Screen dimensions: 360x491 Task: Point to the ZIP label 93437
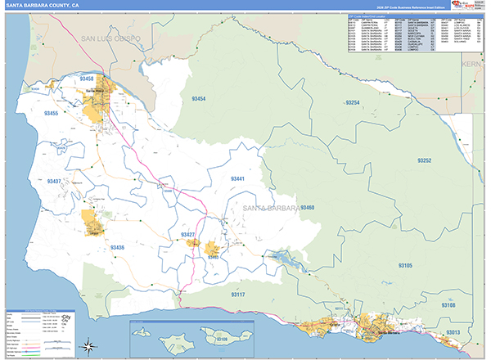click(x=55, y=181)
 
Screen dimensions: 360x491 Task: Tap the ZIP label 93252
click(x=423, y=160)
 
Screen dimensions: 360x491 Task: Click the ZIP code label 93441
click(x=237, y=178)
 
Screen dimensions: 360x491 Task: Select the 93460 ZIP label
click(x=307, y=208)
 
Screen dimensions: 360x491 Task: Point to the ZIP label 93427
click(x=188, y=235)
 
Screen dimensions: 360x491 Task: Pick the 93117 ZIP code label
click(x=237, y=294)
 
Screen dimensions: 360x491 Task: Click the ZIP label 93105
click(x=406, y=266)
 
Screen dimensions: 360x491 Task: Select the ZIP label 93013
click(x=453, y=333)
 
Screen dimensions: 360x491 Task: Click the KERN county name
click(x=474, y=63)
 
